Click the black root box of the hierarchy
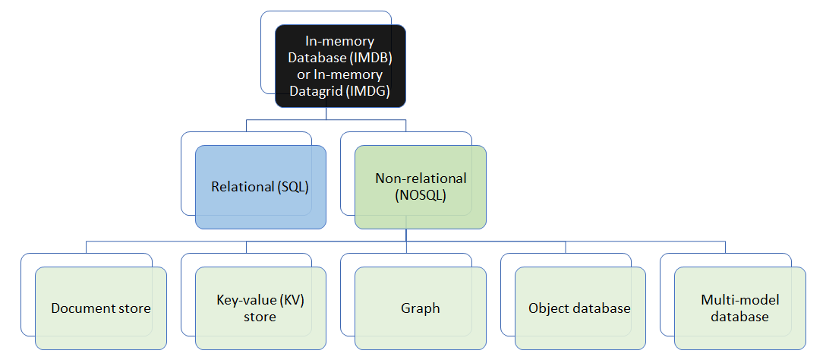coord(340,65)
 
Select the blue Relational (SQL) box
coord(260,188)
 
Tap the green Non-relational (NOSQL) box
coord(420,188)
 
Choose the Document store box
coord(101,308)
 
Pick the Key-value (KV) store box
coord(260,308)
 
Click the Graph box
coord(420,308)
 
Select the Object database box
coord(579,308)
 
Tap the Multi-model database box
coord(739,308)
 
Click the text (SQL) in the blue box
coord(292,188)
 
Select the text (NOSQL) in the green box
coord(421,195)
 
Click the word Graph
coord(420,308)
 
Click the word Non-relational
coord(421,178)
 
